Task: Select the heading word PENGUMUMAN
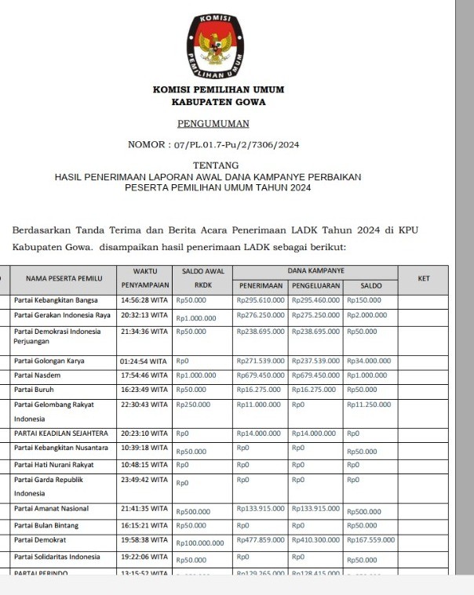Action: coord(213,123)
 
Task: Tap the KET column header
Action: coord(424,278)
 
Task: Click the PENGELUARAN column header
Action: coord(316,286)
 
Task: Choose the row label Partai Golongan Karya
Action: coord(49,361)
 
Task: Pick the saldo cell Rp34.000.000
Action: coord(369,361)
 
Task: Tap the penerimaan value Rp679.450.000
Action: coord(261,376)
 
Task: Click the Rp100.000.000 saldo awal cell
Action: coord(200,542)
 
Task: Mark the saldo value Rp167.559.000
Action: coord(370,539)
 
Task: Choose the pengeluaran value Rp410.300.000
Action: coord(315,539)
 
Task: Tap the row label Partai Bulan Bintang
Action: coord(46,525)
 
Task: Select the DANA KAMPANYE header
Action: coord(316,270)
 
